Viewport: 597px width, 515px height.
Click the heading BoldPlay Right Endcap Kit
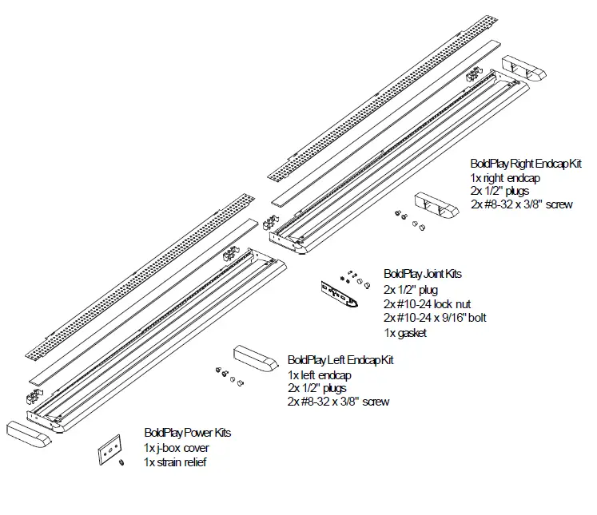tap(525, 164)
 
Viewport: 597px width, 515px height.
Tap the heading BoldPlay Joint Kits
tap(422, 274)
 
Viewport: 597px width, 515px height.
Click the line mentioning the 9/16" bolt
tap(435, 318)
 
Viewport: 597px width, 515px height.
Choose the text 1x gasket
tap(405, 332)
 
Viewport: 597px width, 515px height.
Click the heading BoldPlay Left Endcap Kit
tap(340, 360)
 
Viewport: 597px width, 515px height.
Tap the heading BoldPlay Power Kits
tap(187, 432)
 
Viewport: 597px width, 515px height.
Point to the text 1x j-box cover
tap(176, 447)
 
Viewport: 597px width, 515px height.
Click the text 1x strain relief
tap(175, 462)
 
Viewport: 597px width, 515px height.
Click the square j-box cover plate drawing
tap(109, 449)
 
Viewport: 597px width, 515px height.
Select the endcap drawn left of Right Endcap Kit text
tap(436, 206)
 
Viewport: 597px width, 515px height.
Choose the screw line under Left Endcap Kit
tap(338, 402)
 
